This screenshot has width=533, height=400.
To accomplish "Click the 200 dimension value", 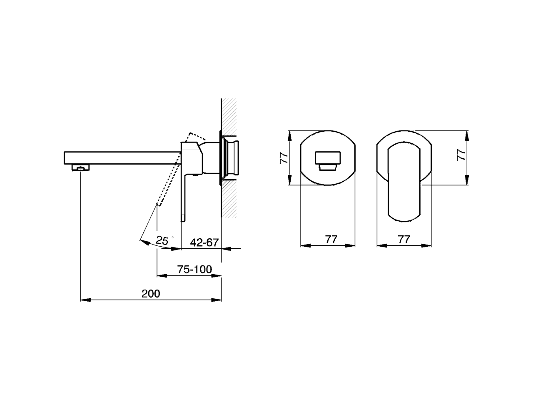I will [x=151, y=293].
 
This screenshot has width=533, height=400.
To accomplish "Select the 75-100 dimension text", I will [x=195, y=270].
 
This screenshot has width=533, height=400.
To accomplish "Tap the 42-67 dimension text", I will [x=204, y=242].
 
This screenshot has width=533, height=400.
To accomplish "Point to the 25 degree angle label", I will [x=162, y=240].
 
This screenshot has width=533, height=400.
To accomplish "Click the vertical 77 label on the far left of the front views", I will [x=284, y=157].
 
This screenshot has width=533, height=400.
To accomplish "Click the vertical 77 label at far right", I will [x=461, y=155].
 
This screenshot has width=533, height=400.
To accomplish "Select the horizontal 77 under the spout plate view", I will [x=331, y=239].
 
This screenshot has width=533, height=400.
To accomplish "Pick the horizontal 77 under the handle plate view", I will [x=404, y=239].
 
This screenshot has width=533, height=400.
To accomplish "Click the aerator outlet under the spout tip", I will [x=81, y=168].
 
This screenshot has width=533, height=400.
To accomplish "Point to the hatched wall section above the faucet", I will [x=229, y=115].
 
